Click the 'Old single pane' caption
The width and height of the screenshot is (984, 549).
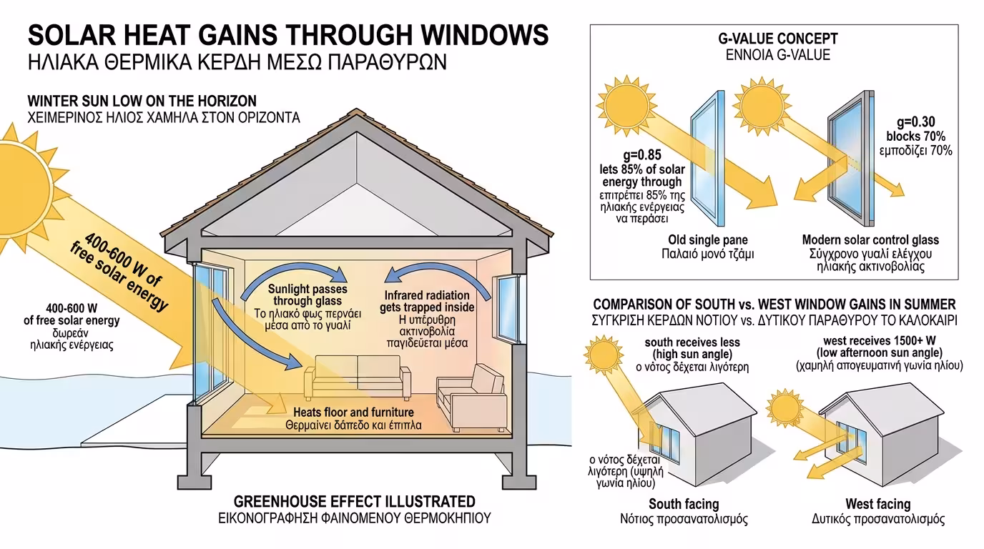[x=708, y=239]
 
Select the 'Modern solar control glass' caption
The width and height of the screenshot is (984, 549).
[x=870, y=239]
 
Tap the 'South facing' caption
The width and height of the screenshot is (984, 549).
[x=684, y=504]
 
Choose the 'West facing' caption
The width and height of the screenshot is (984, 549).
[x=877, y=504]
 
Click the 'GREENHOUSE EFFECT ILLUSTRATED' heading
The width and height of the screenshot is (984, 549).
[x=355, y=501]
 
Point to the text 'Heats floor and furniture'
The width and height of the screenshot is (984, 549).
[x=353, y=412]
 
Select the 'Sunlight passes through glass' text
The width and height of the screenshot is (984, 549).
[x=307, y=295]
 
